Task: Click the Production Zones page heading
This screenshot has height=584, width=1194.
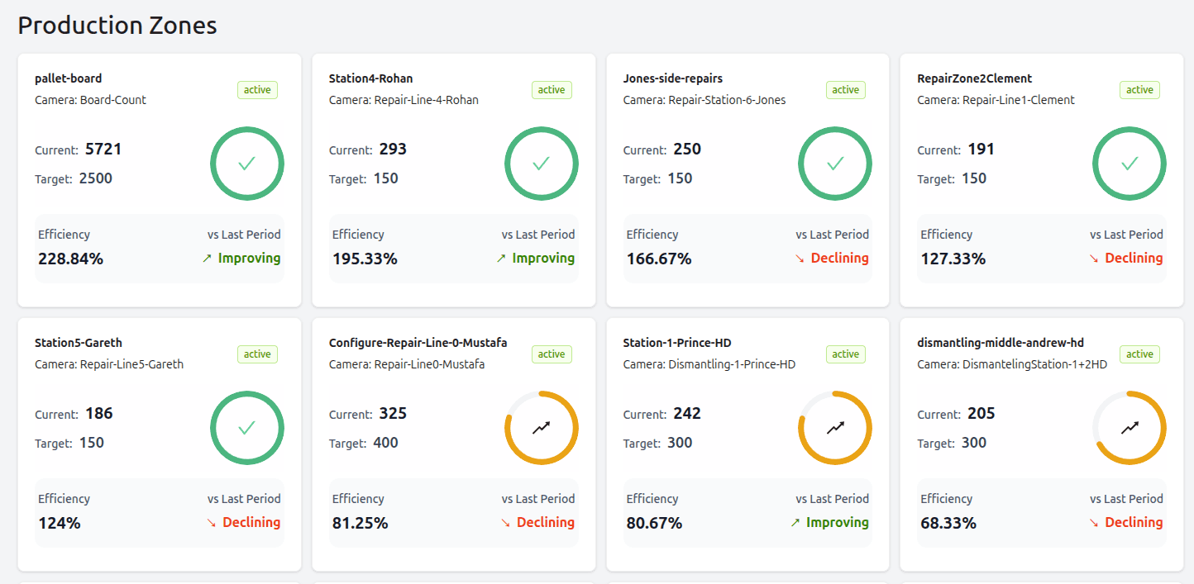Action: pyautogui.click(x=117, y=26)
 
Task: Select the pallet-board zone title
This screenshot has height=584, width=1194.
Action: pyautogui.click(x=69, y=78)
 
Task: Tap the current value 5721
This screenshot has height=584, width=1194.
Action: pyautogui.click(x=103, y=150)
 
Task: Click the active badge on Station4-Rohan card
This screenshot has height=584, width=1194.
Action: pyautogui.click(x=552, y=90)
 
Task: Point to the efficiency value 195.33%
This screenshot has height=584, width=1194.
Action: pyautogui.click(x=365, y=259)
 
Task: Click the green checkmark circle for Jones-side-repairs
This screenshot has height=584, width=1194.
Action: pyautogui.click(x=835, y=164)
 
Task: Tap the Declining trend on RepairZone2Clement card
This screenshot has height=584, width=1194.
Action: pyautogui.click(x=1126, y=259)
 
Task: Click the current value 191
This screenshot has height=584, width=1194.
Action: pyautogui.click(x=981, y=150)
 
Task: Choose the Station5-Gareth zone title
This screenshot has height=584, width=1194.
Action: pyautogui.click(x=79, y=343)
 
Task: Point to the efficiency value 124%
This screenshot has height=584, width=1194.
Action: pyautogui.click(x=59, y=523)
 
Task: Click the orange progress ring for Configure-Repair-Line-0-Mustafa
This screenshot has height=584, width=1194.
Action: pyautogui.click(x=542, y=428)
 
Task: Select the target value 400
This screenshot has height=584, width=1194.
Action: pyautogui.click(x=385, y=443)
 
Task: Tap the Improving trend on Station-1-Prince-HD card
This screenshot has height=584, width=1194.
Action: pyautogui.click(x=830, y=523)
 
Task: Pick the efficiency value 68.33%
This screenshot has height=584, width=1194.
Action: pyautogui.click(x=948, y=523)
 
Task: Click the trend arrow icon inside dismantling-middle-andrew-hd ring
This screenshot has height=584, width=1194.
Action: pyautogui.click(x=1130, y=428)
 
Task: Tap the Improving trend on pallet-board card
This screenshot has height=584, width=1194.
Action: pyautogui.click(x=241, y=259)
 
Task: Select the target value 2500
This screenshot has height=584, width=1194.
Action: pyautogui.click(x=96, y=178)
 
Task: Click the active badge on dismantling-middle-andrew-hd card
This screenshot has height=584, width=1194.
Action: pyautogui.click(x=1139, y=354)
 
